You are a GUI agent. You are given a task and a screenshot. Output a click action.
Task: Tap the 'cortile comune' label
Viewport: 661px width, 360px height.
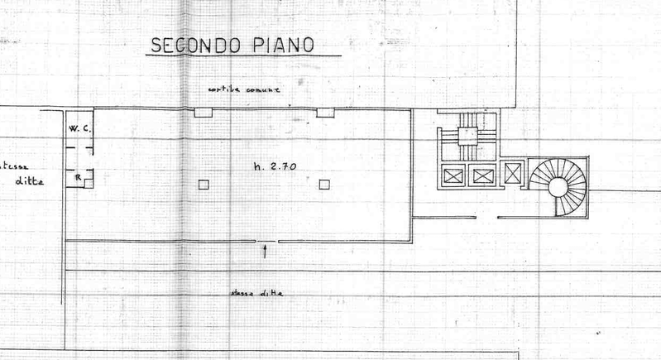pyautogui.click(x=245, y=89)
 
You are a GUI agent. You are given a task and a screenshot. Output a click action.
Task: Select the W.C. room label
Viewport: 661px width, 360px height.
pyautogui.click(x=79, y=129)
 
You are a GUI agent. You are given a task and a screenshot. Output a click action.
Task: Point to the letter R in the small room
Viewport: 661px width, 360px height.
pyautogui.click(x=77, y=177)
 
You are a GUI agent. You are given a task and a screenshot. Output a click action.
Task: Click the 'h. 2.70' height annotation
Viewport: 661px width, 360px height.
pyautogui.click(x=275, y=166)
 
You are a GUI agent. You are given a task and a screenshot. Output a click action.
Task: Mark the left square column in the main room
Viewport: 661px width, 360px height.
pyautogui.click(x=204, y=185)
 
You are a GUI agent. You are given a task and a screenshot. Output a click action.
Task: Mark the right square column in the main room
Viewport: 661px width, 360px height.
pyautogui.click(x=324, y=184)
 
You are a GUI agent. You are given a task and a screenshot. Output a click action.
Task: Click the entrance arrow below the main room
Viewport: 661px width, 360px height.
pyautogui.click(x=265, y=251)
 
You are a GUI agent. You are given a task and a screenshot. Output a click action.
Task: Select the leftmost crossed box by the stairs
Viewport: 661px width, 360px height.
pyautogui.click(x=453, y=175)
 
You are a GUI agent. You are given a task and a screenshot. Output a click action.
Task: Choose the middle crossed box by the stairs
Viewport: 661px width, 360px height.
pyautogui.click(x=481, y=175)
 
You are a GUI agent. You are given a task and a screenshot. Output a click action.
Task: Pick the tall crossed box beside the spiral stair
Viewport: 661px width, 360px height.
pyautogui.click(x=513, y=174)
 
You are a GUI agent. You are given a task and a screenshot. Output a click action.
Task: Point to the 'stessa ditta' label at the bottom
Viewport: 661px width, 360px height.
pyautogui.click(x=256, y=293)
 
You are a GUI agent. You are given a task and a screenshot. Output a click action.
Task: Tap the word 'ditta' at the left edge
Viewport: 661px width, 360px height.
pyautogui.click(x=31, y=182)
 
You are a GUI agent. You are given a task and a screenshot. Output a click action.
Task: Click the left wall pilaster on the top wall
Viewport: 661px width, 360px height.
pyautogui.click(x=203, y=113)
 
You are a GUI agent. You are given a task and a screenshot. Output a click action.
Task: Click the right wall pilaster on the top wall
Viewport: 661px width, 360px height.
pyautogui.click(x=325, y=112)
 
